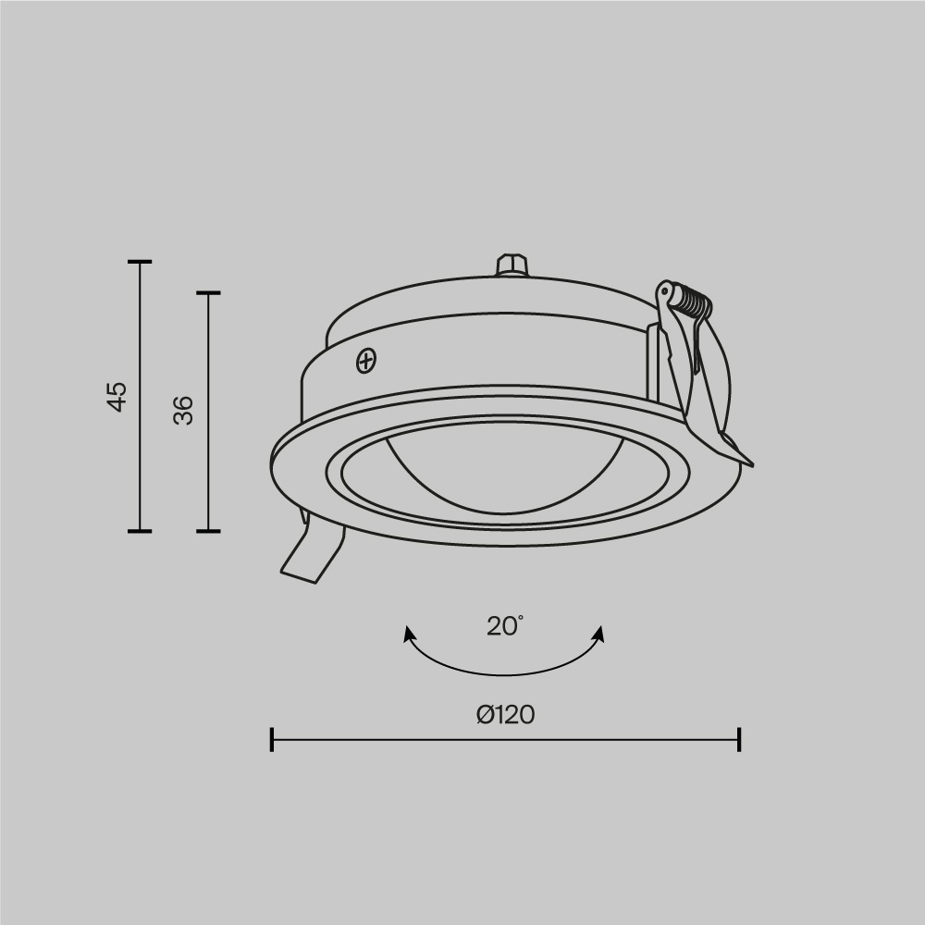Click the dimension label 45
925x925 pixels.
117,396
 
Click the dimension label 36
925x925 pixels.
184,409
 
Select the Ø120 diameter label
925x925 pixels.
506,715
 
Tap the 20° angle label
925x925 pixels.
505,626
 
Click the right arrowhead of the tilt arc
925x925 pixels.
599,634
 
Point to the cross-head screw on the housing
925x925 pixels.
367,360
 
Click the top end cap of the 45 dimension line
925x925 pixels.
140,263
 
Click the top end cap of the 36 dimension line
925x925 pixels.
208,293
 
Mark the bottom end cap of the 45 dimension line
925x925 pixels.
140,531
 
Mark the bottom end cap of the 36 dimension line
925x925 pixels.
208,531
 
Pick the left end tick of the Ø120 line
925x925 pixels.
272,739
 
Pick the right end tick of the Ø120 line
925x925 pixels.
739,739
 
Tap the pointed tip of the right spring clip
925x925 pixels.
749,462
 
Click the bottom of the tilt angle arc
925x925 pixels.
504,672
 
